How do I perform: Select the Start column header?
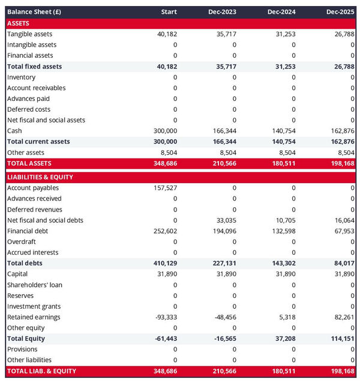169,12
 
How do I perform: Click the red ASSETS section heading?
18,23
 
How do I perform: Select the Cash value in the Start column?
165,131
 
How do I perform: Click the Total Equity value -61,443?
164,339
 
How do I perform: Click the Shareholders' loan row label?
35,285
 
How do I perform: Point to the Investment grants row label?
34,306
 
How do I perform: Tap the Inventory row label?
21,77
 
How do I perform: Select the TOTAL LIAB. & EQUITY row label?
41,371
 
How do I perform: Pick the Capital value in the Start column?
167,274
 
